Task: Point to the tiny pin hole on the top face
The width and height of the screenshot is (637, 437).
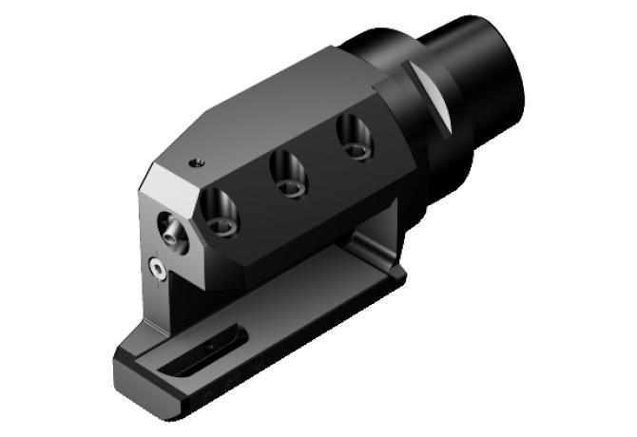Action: pyautogui.click(x=197, y=162)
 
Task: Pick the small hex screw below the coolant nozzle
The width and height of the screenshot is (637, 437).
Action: pyautogui.click(x=157, y=270)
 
